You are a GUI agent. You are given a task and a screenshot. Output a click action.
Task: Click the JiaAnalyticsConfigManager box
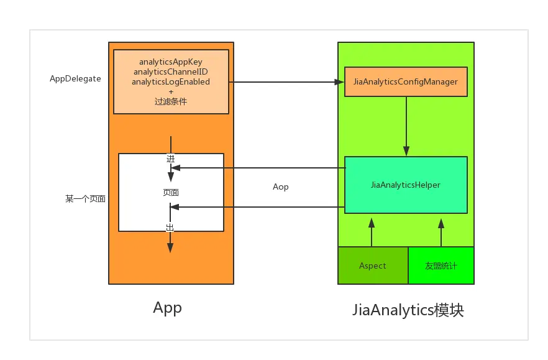click(406, 82)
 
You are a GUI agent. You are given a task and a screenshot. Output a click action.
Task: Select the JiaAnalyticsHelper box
click(406, 185)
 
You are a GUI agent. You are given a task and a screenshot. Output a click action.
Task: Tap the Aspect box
click(373, 265)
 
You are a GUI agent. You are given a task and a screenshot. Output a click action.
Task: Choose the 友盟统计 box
click(441, 265)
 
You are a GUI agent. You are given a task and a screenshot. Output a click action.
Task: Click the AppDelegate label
click(75, 79)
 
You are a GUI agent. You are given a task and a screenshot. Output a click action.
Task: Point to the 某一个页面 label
click(85, 199)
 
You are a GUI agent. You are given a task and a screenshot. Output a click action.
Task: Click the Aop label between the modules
click(281, 187)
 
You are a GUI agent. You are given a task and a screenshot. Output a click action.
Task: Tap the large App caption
click(167, 308)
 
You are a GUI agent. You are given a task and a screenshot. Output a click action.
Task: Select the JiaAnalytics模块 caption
click(408, 310)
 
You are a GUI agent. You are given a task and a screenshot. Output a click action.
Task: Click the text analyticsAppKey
click(171, 62)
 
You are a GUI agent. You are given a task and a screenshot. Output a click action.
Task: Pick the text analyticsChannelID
click(171, 72)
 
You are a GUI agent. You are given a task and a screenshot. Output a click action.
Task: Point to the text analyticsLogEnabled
click(171, 82)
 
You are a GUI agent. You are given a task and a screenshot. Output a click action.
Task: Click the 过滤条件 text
click(171, 101)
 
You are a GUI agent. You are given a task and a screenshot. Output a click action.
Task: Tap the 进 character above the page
click(170, 159)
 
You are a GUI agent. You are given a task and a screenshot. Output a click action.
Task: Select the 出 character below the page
click(170, 228)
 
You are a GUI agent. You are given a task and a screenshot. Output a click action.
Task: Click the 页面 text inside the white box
click(171, 192)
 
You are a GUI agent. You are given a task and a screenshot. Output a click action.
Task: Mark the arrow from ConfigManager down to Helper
click(406, 126)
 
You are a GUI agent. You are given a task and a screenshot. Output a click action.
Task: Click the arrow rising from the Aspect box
click(372, 233)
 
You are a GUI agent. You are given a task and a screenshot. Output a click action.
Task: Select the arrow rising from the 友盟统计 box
click(441, 233)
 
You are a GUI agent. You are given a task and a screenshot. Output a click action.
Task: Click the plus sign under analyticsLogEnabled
click(171, 91)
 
